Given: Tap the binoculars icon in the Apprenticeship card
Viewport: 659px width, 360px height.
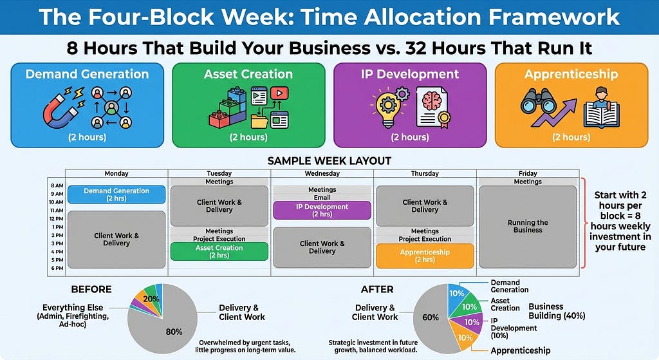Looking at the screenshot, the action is [539, 102].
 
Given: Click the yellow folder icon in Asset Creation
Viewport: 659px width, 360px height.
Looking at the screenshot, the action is [259, 120].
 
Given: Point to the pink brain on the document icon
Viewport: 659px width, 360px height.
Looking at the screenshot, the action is [432, 101].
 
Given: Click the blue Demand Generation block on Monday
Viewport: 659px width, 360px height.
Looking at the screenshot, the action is [116, 194].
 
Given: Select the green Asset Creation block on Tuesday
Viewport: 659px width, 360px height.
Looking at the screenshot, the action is [219, 252].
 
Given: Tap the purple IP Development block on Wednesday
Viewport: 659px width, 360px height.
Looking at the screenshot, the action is [322, 211].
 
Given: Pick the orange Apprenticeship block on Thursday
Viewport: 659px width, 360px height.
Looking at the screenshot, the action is [425, 256].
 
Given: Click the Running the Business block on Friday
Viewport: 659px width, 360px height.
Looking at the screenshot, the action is [528, 227].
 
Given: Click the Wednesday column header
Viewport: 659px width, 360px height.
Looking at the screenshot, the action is [322, 173].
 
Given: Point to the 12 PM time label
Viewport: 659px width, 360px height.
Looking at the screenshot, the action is [57, 219].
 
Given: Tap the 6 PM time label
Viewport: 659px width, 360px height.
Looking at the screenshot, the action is [57, 268].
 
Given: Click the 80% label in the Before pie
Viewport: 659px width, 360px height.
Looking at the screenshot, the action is [174, 332].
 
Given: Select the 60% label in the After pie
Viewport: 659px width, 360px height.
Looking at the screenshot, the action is [431, 317].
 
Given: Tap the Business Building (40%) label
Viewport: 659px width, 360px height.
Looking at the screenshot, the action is [557, 311].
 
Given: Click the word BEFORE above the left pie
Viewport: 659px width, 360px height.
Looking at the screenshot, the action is [91, 289].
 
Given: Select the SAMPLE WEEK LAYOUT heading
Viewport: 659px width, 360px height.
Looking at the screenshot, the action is [329, 161].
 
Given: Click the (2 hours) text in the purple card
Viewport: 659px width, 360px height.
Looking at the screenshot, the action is [410, 137].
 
